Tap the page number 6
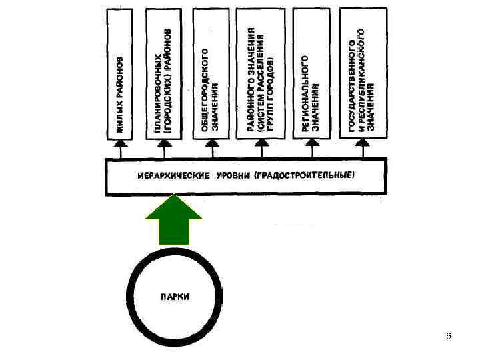[449, 335]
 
